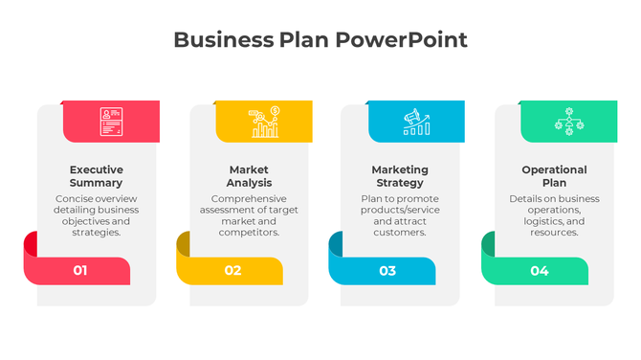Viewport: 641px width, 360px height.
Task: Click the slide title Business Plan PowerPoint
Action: tap(320, 40)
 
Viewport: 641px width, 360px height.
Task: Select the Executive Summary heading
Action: tap(96, 176)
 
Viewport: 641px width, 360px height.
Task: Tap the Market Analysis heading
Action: tap(249, 176)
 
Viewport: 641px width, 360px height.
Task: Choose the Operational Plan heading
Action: tap(554, 176)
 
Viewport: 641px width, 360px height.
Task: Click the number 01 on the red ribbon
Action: tap(80, 271)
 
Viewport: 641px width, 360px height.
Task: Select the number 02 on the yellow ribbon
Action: tap(233, 271)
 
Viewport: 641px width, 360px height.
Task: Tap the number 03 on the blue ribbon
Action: tap(387, 271)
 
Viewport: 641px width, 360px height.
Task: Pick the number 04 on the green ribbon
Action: tap(540, 271)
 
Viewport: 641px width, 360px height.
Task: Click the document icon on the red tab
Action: tap(111, 121)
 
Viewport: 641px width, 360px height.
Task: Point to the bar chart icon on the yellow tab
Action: tap(263, 122)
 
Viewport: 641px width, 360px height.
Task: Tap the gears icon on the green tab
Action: tap(568, 121)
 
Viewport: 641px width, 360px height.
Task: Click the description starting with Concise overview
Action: tap(96, 215)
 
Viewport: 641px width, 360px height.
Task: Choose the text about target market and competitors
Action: tap(249, 215)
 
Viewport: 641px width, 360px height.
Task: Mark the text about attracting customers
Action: tap(400, 215)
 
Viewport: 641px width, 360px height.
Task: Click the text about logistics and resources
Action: tap(554, 215)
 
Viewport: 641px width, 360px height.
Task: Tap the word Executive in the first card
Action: tap(96, 169)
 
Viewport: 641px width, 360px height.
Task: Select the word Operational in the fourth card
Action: tap(554, 169)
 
